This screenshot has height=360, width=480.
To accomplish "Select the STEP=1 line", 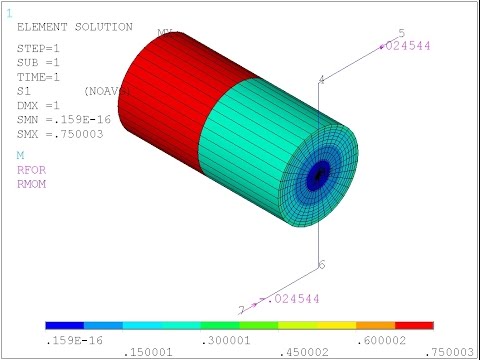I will (x=39, y=48).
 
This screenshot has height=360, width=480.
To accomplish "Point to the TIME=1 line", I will (x=39, y=76).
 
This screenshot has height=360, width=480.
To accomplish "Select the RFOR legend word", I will (x=30, y=170).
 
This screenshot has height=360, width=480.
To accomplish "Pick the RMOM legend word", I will (x=30, y=183).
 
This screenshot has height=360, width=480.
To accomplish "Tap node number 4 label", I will (x=321, y=79).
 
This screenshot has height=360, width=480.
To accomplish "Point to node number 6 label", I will (x=322, y=265).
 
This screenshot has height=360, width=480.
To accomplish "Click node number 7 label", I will (x=241, y=310).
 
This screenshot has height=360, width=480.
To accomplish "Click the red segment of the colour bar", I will (x=414, y=326).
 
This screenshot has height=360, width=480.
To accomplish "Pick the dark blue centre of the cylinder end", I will (x=320, y=175).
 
